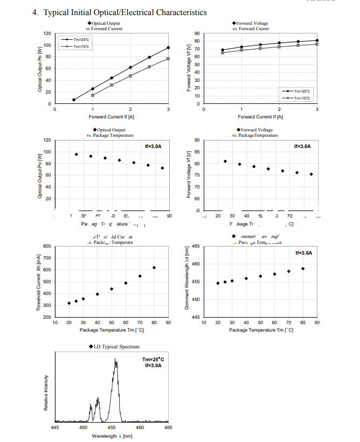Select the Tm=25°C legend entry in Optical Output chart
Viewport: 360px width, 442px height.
click(75, 40)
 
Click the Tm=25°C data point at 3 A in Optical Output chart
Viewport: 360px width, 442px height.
click(168, 47)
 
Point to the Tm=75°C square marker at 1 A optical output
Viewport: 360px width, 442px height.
click(93, 95)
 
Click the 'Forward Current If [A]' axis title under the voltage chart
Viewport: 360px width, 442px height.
click(260, 116)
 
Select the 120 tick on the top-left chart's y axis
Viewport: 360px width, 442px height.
click(47, 33)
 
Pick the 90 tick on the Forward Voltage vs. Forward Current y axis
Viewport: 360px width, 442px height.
click(197, 33)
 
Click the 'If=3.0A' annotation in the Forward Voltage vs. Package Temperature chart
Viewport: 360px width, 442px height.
click(302, 146)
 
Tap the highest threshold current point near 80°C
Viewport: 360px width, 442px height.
click(154, 268)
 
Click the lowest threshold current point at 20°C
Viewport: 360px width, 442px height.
click(69, 303)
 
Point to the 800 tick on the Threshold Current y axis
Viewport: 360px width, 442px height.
click(47, 246)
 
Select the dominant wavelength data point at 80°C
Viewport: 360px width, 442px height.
click(303, 269)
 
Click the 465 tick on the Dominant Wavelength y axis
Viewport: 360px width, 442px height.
click(196, 246)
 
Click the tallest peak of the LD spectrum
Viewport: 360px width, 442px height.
click(115, 360)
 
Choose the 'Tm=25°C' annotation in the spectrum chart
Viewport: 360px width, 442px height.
click(154, 359)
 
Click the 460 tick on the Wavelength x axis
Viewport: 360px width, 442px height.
click(140, 427)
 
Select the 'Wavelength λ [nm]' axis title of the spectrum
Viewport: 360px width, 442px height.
click(112, 436)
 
